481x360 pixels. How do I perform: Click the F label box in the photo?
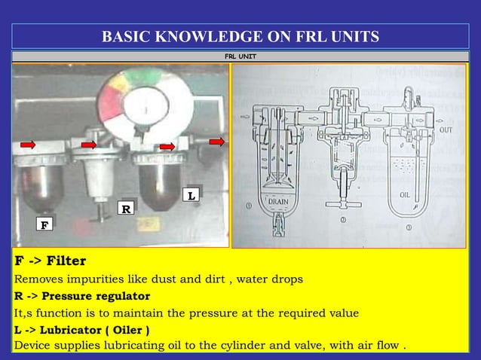tap(44, 224)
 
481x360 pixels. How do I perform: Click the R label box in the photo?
tap(124, 208)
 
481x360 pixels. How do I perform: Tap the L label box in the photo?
tap(192, 195)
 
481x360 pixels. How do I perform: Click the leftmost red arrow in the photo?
tap(28, 145)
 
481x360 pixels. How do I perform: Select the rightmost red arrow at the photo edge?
tap(217, 142)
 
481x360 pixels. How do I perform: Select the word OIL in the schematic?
tap(404, 194)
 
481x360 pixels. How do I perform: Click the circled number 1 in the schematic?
tap(250, 204)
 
